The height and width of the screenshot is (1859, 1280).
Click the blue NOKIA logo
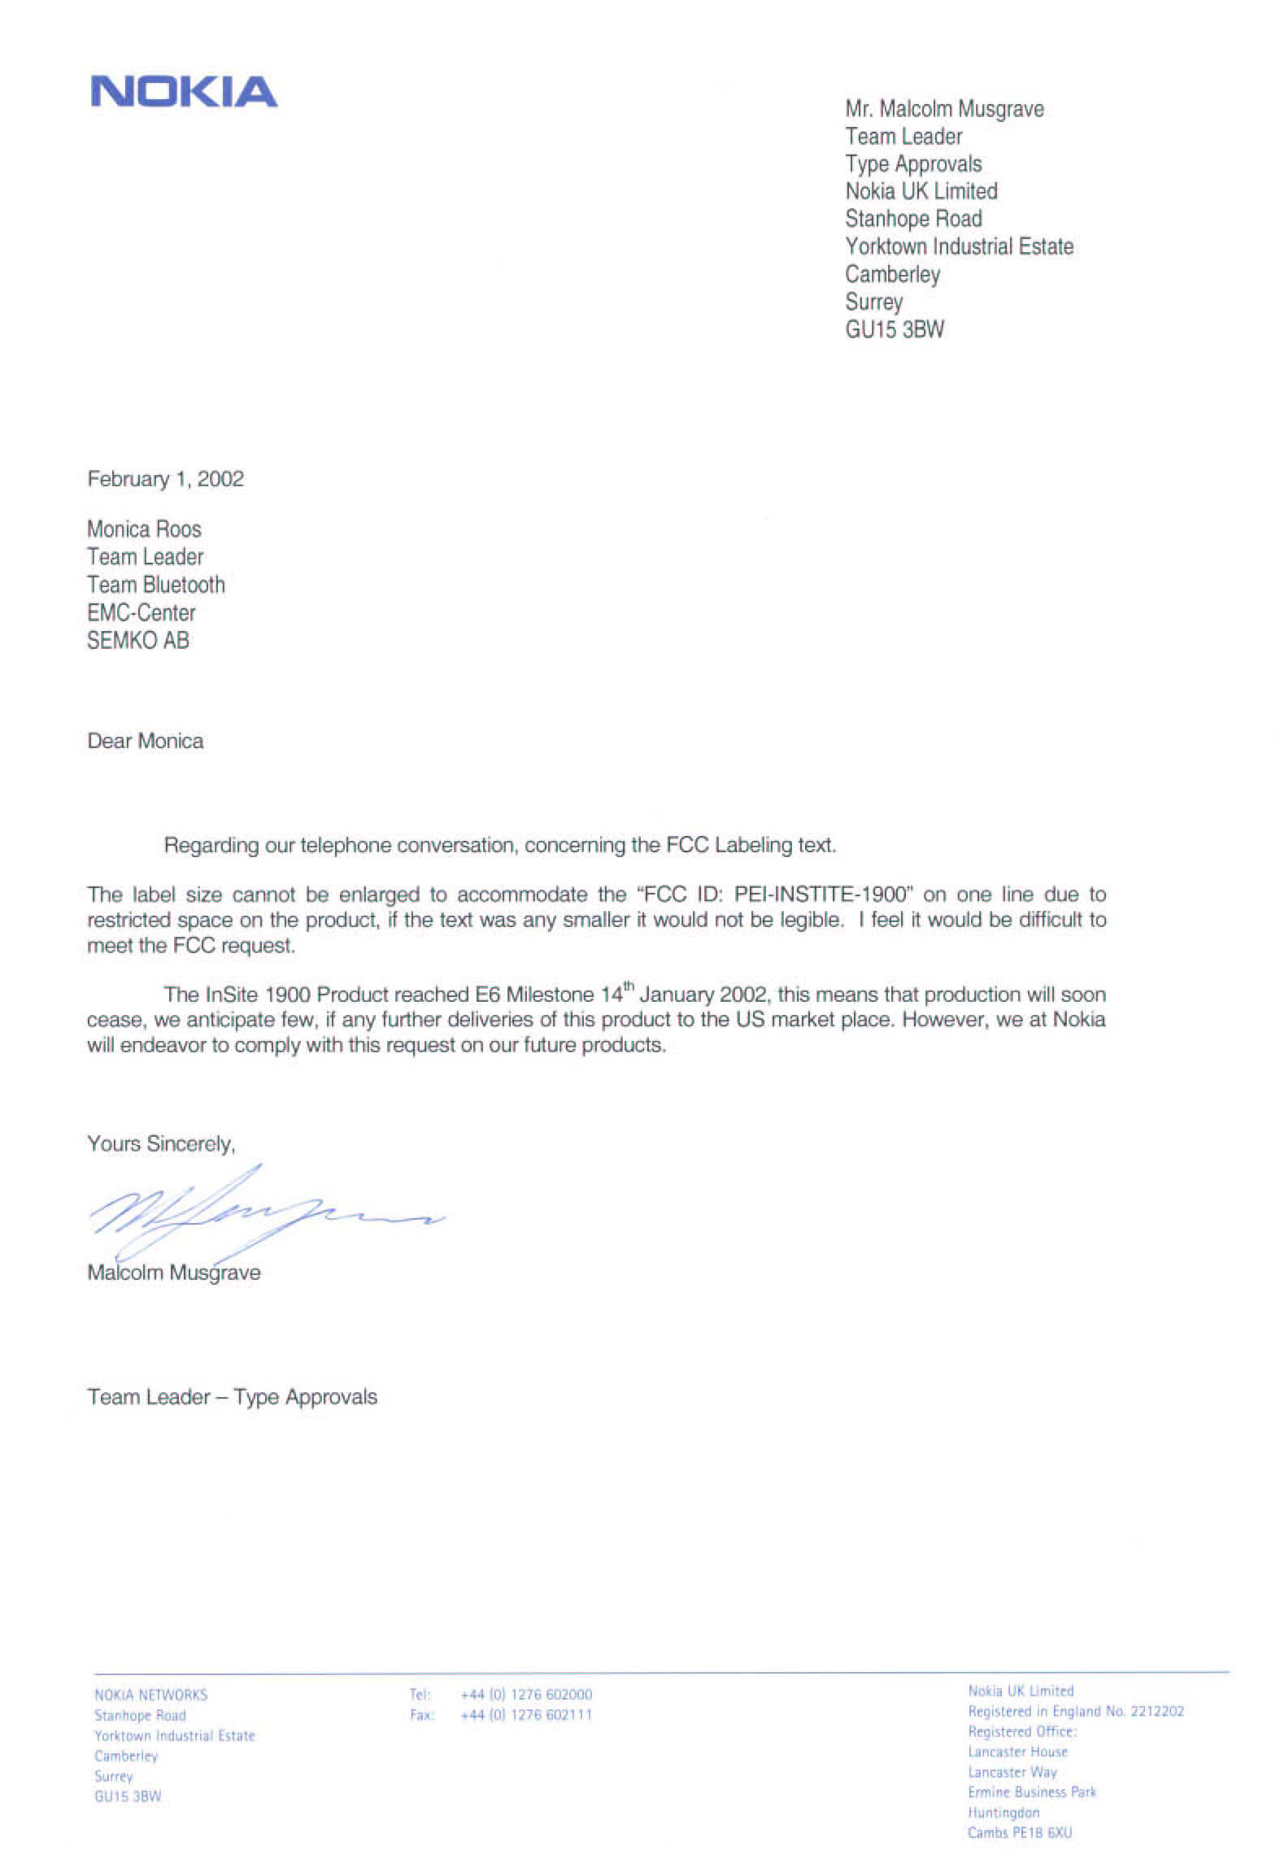[184, 92]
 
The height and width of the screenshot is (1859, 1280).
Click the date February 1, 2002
[165, 479]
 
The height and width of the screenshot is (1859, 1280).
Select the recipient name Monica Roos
[144, 529]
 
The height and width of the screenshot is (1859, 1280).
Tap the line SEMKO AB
[138, 641]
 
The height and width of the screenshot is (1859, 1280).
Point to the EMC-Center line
[141, 613]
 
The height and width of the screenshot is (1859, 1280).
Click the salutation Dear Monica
[145, 741]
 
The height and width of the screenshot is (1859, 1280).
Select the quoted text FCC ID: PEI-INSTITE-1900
[773, 895]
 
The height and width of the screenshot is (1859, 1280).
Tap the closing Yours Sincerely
[161, 1143]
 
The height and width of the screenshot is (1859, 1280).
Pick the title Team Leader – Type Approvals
[232, 1397]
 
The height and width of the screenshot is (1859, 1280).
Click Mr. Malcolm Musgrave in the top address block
[944, 109]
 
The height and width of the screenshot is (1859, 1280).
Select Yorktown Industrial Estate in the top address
[959, 246]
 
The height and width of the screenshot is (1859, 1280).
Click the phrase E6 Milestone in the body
[534, 995]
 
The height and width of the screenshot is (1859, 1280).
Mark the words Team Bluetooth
[156, 585]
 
